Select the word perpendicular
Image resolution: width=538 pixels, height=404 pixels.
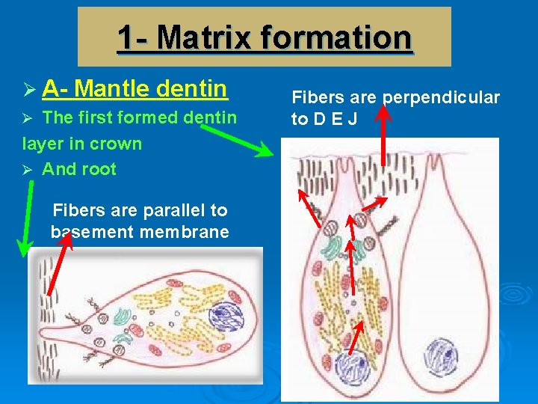(441, 97)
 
